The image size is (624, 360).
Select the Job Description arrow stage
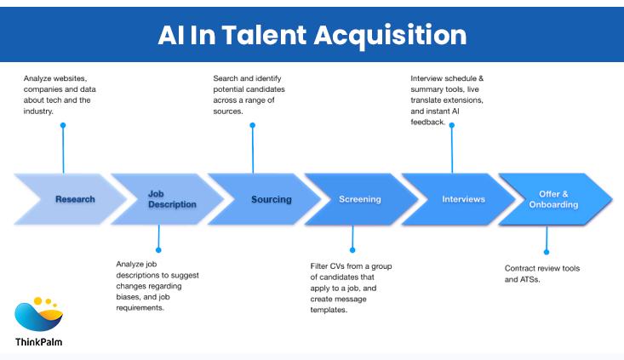click(167, 199)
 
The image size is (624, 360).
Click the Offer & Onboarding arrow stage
click(558, 199)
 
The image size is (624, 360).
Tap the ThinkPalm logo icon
click(39, 314)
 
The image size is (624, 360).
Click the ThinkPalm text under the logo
click(39, 341)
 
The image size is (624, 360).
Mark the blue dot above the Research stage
click(63, 125)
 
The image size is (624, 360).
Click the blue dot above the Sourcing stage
click(252, 125)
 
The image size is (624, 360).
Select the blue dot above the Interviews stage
click(452, 125)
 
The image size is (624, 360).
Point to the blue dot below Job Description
click(157, 249)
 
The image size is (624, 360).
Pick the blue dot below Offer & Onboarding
click(546, 252)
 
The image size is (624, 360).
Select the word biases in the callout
click(129, 297)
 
